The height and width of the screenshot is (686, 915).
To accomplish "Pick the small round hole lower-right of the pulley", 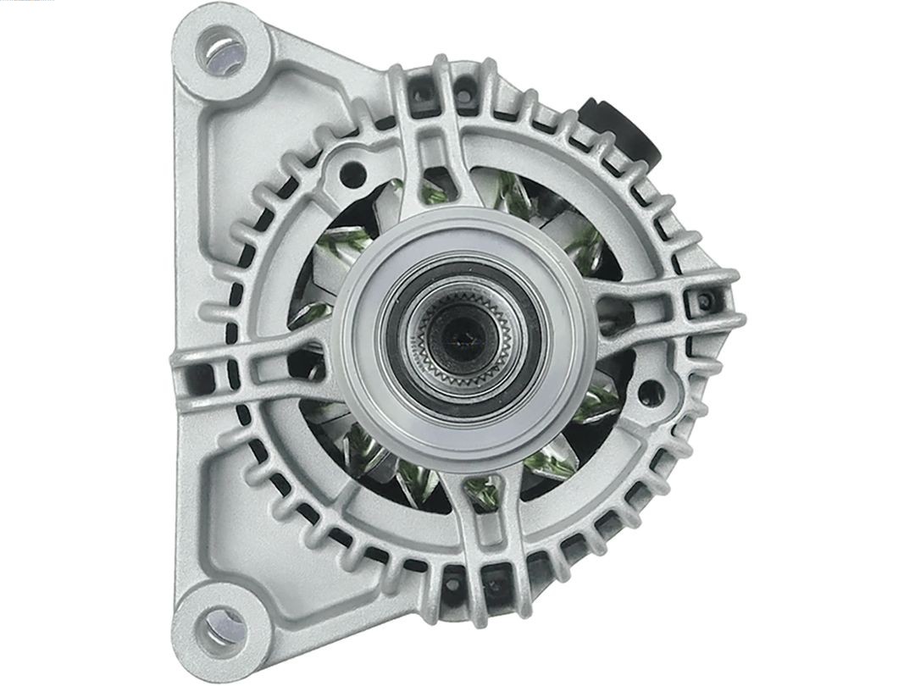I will [648, 392].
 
